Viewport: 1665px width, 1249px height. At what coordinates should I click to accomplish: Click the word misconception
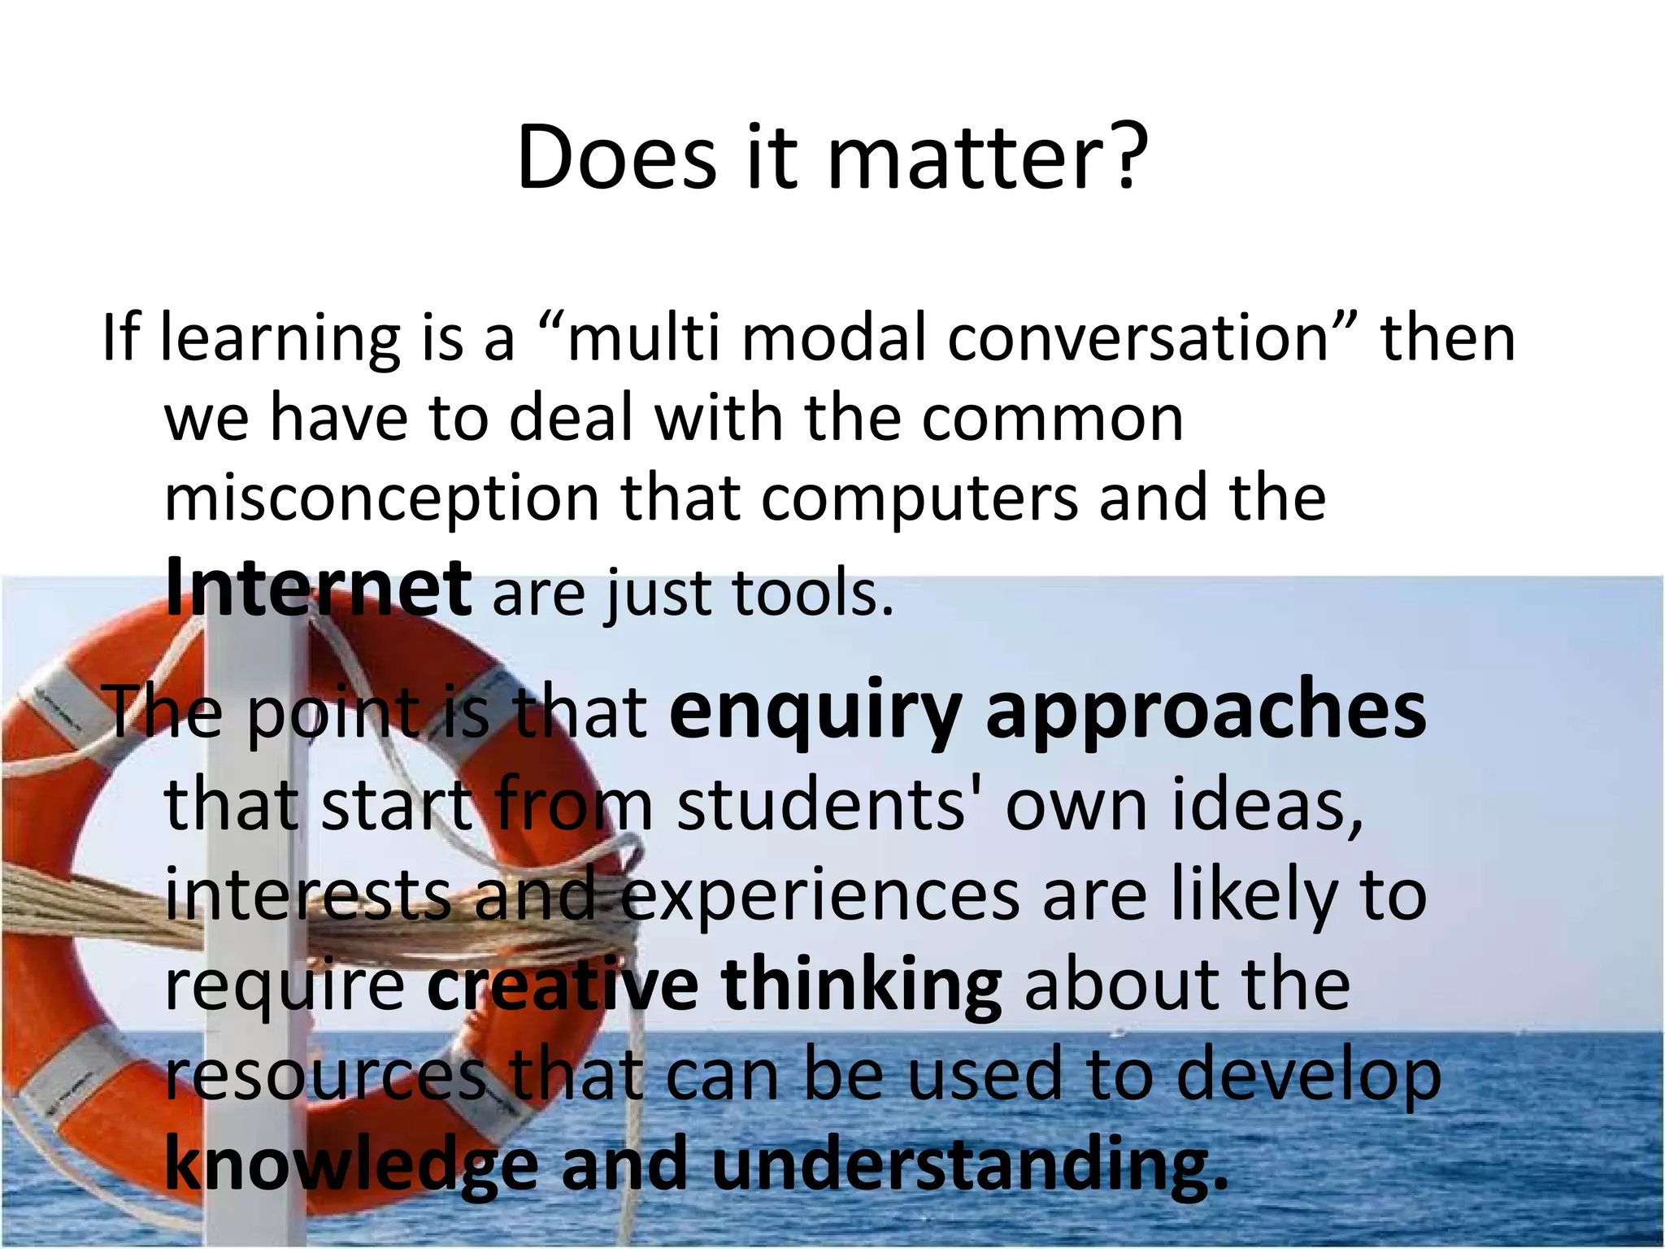tap(381, 498)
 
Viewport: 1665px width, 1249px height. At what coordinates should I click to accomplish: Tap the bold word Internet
tap(318, 587)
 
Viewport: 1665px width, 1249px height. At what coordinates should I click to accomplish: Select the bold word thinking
tap(862, 986)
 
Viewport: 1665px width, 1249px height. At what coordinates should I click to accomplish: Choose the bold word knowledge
tap(351, 1165)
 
